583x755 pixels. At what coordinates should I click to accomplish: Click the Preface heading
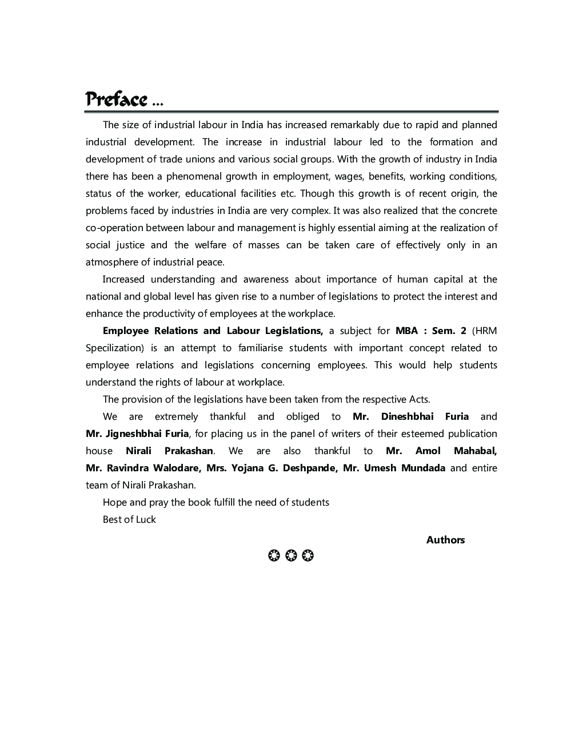click(x=117, y=100)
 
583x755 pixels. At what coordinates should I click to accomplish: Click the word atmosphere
click(x=112, y=262)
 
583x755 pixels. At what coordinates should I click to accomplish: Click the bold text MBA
click(x=407, y=331)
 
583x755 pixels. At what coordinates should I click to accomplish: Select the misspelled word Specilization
click(x=114, y=348)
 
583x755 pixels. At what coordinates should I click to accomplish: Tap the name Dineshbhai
click(x=408, y=416)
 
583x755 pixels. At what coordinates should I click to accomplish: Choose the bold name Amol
click(x=428, y=451)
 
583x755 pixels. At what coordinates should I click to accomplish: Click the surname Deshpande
click(x=309, y=468)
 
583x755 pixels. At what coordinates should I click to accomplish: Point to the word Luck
click(x=145, y=519)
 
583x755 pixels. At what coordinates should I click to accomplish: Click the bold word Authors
click(x=445, y=540)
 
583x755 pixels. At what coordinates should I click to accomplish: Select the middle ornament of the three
click(x=291, y=555)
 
